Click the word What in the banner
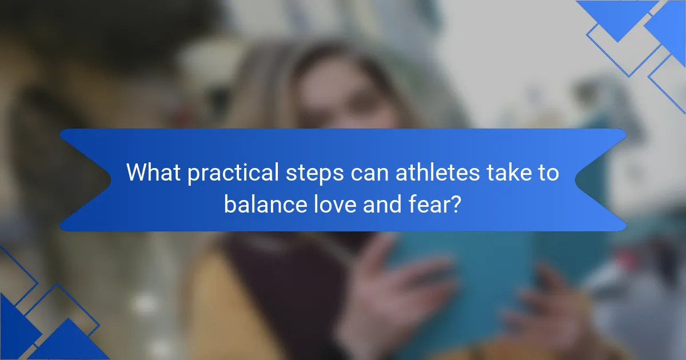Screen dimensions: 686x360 (153, 173)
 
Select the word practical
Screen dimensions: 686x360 (233, 174)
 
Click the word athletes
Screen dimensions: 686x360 (437, 173)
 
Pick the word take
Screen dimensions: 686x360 (509, 173)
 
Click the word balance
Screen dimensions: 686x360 (265, 204)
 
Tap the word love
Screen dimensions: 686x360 (335, 204)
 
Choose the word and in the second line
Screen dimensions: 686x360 (382, 204)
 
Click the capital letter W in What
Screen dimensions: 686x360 (137, 173)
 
